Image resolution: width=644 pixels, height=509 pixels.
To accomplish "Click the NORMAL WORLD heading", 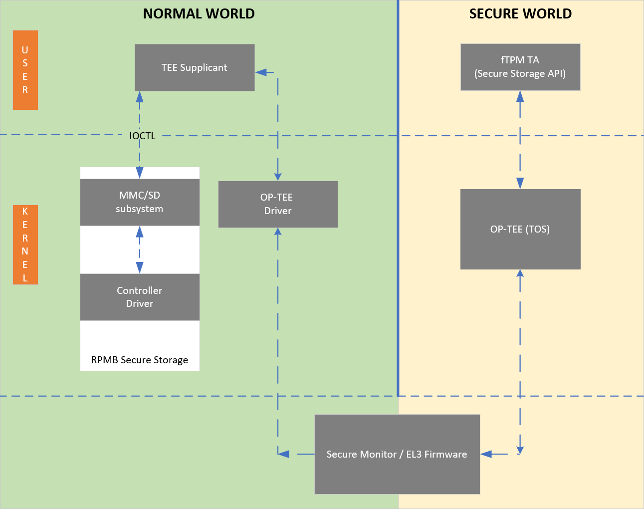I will click(199, 14).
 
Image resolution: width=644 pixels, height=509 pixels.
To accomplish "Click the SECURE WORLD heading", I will click(520, 14).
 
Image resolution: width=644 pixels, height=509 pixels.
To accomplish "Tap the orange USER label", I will click(25, 70).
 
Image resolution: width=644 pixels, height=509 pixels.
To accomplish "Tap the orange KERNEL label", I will click(25, 245).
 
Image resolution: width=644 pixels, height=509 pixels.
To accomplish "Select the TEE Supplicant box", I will click(195, 67).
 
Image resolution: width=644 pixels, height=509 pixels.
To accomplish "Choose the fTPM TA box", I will click(520, 67).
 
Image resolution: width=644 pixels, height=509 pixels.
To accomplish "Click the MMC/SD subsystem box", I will click(140, 202).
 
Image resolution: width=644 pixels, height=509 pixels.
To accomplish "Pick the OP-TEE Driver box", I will click(278, 204).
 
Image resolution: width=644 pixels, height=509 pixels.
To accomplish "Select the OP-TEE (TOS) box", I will click(520, 229).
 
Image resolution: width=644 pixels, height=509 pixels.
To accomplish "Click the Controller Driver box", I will click(140, 297).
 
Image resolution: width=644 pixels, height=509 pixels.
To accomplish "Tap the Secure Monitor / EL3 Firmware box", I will click(397, 454).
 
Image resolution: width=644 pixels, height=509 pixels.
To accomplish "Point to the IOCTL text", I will click(142, 136).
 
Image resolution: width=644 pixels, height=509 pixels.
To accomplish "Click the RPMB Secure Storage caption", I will click(140, 360).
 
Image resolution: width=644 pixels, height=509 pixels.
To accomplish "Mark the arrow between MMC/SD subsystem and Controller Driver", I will click(140, 250).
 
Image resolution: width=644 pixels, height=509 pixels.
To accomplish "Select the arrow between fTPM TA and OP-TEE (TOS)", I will click(520, 140).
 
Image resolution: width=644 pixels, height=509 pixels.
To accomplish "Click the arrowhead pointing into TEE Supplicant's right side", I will click(261, 72).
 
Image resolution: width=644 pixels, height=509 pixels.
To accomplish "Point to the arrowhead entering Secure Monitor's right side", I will click(486, 454).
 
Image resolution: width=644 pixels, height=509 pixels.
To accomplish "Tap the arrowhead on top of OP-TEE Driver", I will click(278, 176).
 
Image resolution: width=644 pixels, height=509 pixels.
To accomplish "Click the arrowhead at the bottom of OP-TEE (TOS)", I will click(520, 273).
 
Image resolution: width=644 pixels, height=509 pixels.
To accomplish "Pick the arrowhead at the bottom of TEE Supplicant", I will click(140, 96).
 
